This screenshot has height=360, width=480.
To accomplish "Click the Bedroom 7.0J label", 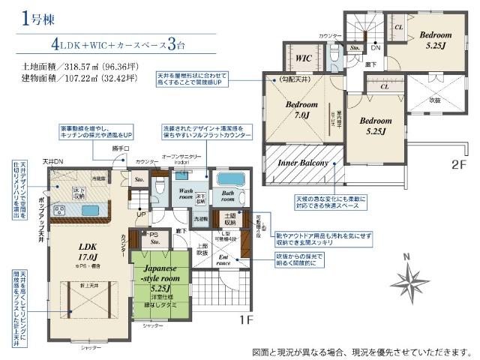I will pos(302,109).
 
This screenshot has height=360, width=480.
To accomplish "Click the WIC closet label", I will pos(304,57).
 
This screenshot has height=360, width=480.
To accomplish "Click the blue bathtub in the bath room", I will pos(229,181).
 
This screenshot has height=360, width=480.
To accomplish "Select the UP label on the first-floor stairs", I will pos(142,214).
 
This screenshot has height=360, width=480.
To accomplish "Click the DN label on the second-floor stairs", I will pos(375,48).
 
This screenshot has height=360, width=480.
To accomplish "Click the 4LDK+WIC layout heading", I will pos(120,43).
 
